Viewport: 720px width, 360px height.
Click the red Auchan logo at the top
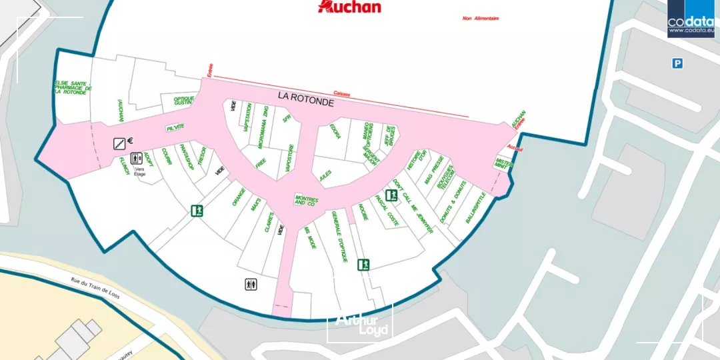[x=350, y=7]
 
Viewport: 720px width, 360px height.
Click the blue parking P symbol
[x=677, y=63]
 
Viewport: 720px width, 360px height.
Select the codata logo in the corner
[x=693, y=19]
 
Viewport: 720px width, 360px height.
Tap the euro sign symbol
[x=131, y=140]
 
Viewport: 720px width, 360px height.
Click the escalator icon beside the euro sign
[x=119, y=142]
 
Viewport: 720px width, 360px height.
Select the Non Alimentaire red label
[x=481, y=18]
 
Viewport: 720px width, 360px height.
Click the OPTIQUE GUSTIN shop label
[x=183, y=101]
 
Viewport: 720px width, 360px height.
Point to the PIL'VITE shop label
[x=175, y=127]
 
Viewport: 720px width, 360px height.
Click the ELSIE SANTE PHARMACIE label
[x=73, y=87]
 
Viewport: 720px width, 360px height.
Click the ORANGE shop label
[x=239, y=197]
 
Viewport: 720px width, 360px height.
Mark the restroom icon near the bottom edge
[x=250, y=285]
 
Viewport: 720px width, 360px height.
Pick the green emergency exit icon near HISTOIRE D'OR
[x=391, y=195]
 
